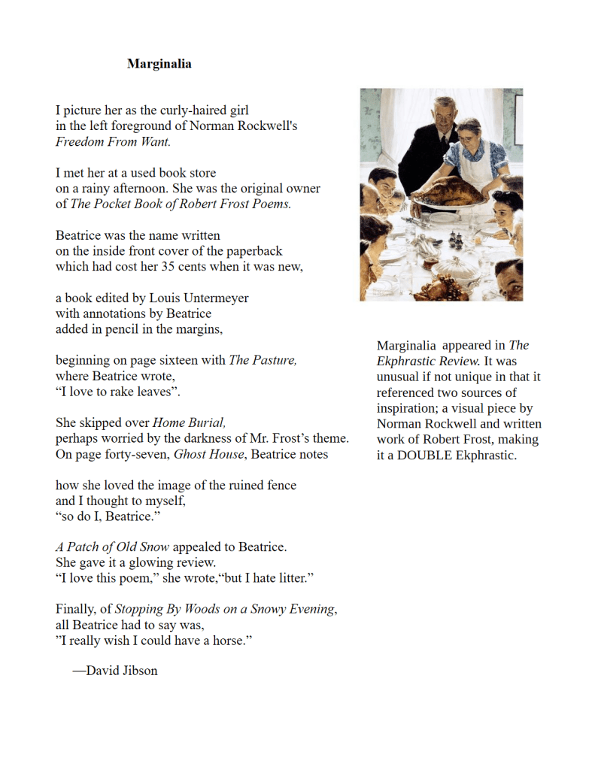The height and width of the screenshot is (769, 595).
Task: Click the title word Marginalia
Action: click(x=159, y=64)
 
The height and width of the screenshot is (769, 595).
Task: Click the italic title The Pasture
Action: click(x=262, y=360)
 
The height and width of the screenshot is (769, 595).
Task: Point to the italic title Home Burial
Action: click(x=194, y=422)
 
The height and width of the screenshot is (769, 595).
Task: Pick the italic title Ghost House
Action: click(x=209, y=454)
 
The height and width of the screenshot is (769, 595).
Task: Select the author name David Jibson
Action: click(x=122, y=671)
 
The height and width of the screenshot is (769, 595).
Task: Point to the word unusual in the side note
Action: click(x=399, y=377)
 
